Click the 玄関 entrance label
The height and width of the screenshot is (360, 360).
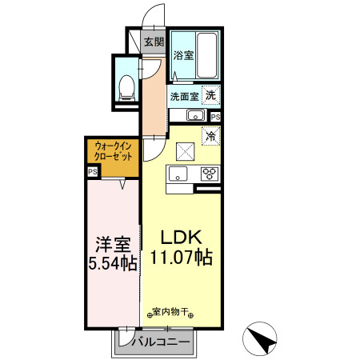pos(154,42)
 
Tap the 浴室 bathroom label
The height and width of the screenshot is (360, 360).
pos(183,55)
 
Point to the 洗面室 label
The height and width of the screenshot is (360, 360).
pos(184,97)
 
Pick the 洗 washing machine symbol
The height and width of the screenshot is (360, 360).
pos(210,95)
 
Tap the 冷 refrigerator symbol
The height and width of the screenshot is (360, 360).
pos(212,136)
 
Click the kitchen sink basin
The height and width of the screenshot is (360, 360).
pos(178,174)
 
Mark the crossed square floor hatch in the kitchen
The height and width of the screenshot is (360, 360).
pos(185,150)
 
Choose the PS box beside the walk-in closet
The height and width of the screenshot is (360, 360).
pos(93,171)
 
